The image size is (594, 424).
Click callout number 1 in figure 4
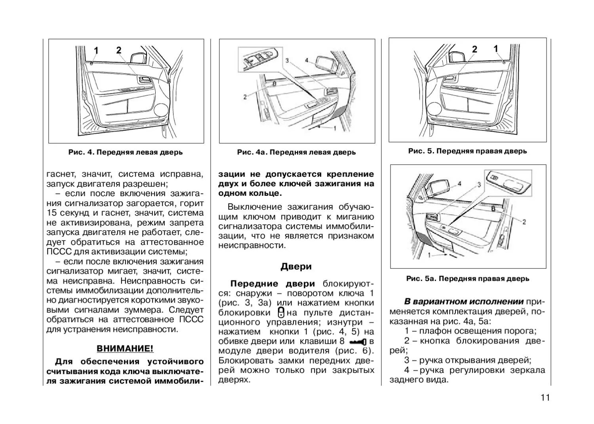[x=96, y=50]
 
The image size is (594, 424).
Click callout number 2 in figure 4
[x=119, y=50]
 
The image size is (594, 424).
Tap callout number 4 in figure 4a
[x=307, y=60]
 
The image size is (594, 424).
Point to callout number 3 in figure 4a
[x=287, y=61]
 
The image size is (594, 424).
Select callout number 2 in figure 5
[x=474, y=49]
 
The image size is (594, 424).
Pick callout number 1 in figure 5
[x=496, y=49]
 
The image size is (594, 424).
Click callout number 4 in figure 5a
[x=459, y=184]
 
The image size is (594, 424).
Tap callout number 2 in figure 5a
[x=524, y=222]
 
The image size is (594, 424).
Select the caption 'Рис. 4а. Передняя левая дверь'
[x=297, y=152]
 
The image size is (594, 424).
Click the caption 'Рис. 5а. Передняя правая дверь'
[x=468, y=279]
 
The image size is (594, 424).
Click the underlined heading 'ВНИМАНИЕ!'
[x=125, y=348]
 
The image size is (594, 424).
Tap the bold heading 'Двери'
[x=296, y=267]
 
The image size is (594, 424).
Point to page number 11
[x=545, y=398]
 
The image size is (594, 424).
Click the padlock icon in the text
[x=281, y=312]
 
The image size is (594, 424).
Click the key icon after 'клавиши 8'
[x=358, y=341]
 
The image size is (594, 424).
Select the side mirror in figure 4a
[x=326, y=63]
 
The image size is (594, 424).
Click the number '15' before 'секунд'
[x=52, y=213]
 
